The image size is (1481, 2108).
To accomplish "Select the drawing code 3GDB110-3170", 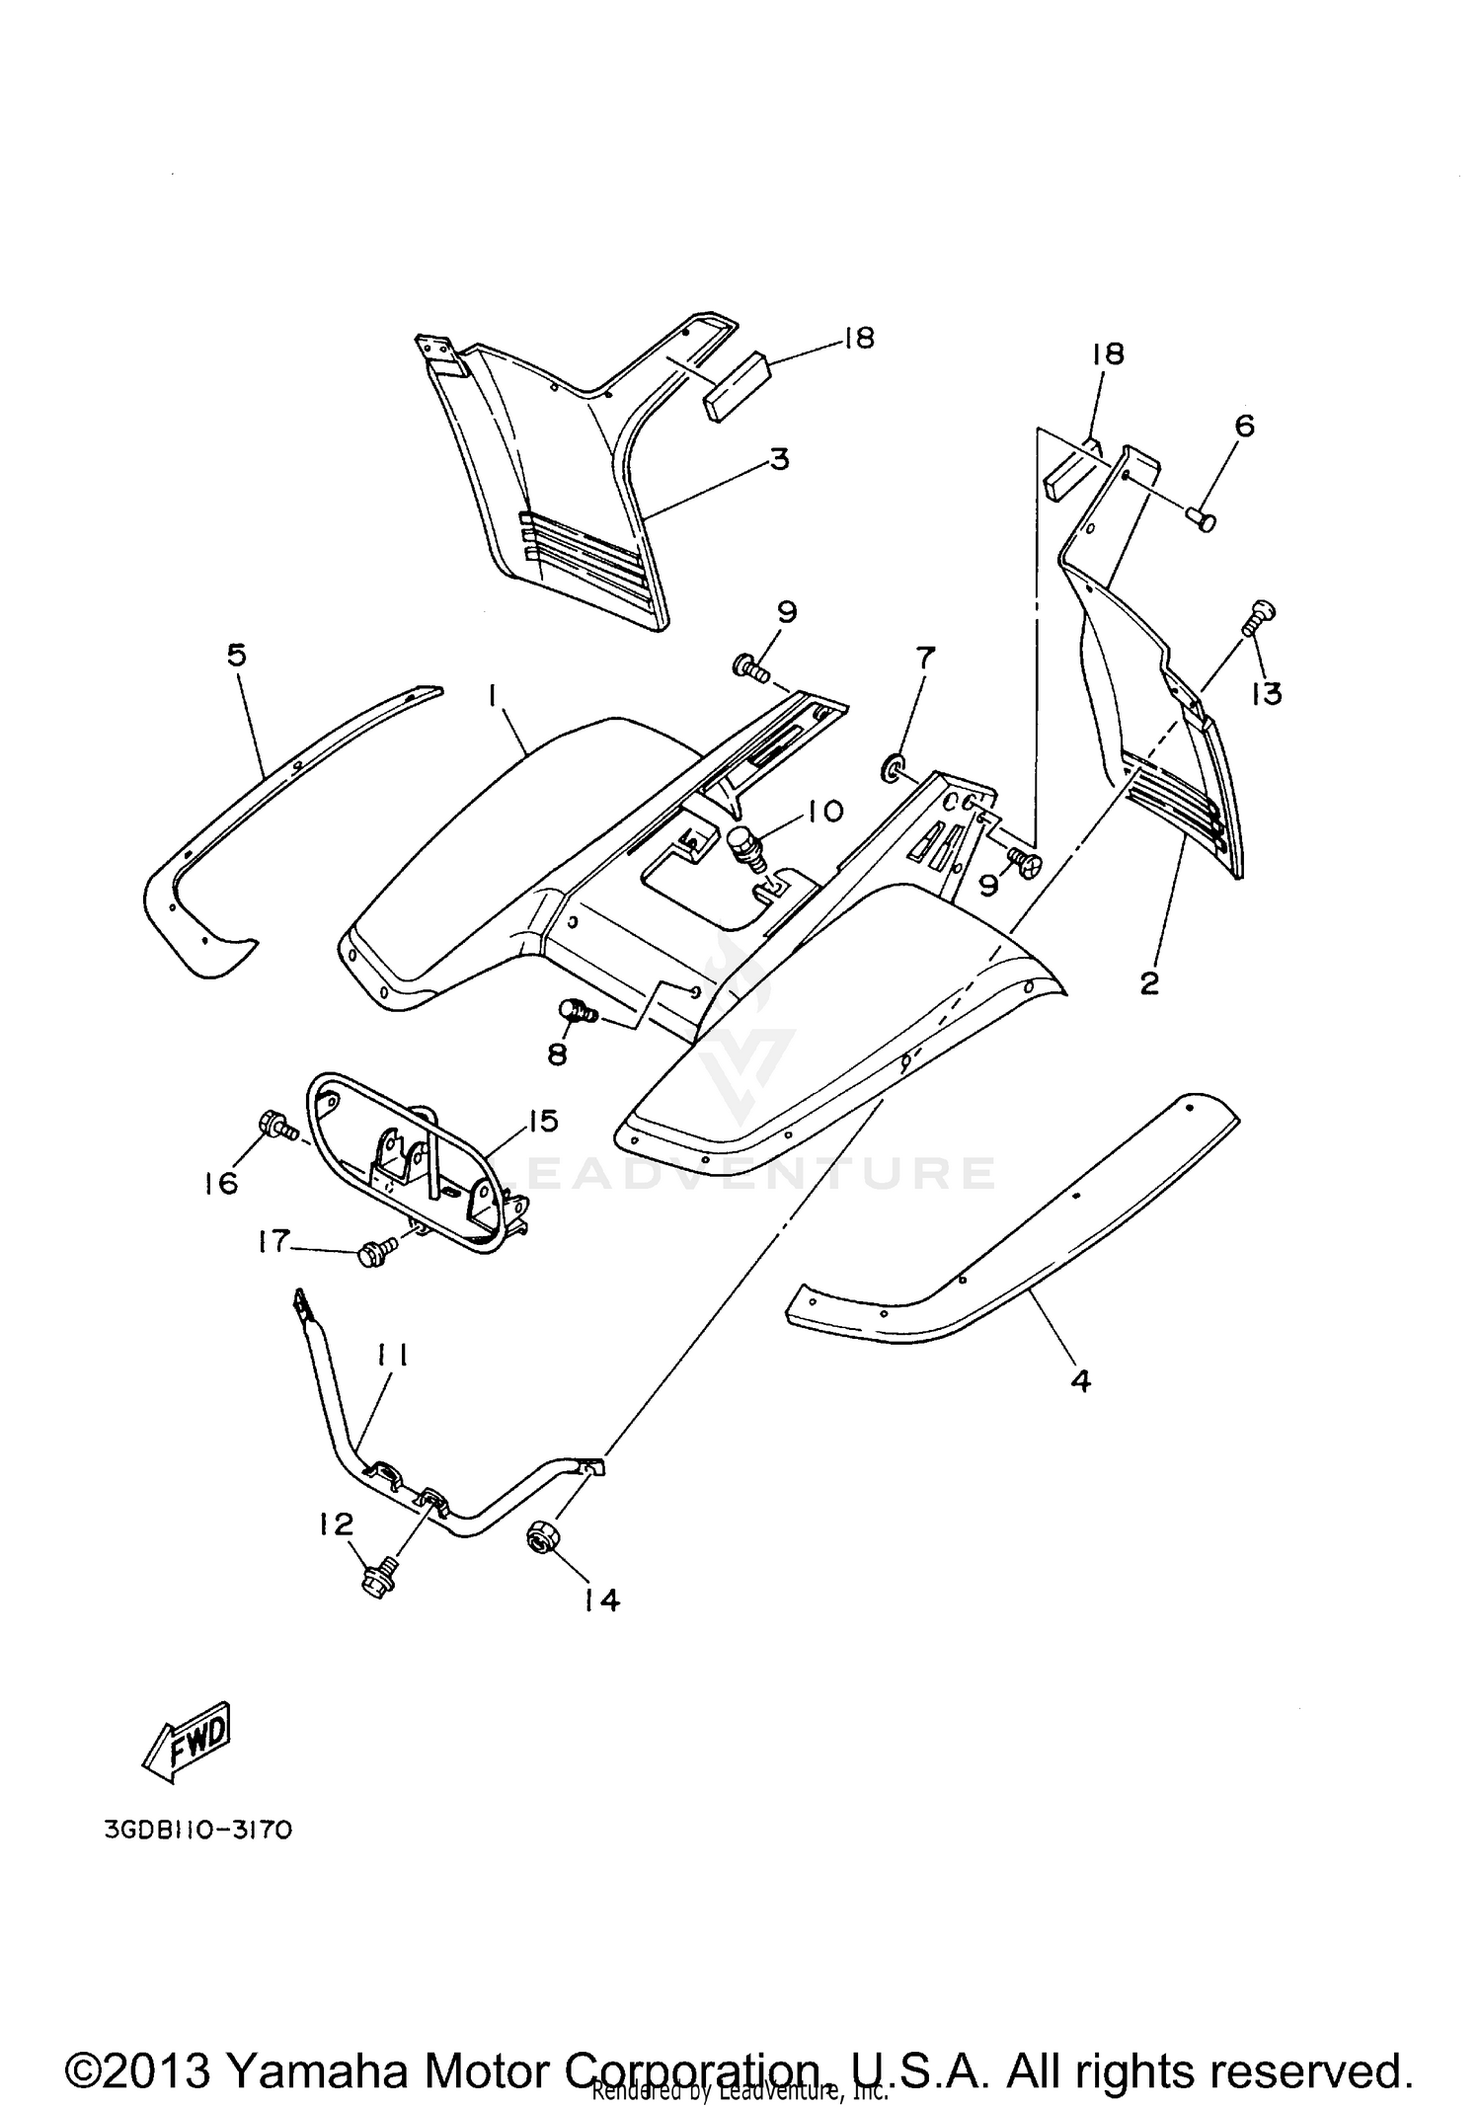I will click(197, 1830).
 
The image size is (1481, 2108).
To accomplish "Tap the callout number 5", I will click(237, 655).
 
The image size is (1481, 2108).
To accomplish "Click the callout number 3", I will click(780, 459).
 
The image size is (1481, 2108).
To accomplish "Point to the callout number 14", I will click(601, 1600).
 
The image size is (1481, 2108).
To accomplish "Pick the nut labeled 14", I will click(540, 1537).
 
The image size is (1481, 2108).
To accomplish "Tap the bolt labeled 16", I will click(272, 1125).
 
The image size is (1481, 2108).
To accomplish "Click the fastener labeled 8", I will click(574, 1010).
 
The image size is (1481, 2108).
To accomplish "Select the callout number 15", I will click(542, 1121).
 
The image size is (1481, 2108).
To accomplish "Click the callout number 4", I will click(1081, 1381).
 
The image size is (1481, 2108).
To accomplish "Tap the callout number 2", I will click(1149, 983).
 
